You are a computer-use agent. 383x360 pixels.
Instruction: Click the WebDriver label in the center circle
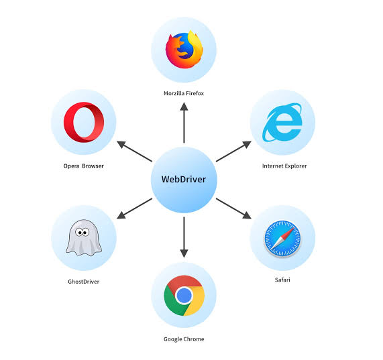pyautogui.click(x=183, y=179)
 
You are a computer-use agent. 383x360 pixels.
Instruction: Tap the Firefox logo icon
pyautogui.click(x=184, y=49)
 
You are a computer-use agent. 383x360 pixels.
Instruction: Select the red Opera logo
pyautogui.click(x=83, y=123)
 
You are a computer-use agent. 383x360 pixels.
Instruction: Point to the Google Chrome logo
pyautogui.click(x=184, y=296)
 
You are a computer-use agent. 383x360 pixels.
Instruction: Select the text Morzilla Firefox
pyautogui.click(x=184, y=93)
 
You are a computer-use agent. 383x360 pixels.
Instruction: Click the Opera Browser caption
pyautogui.click(x=83, y=166)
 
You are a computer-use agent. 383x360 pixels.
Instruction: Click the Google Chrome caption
pyautogui.click(x=184, y=339)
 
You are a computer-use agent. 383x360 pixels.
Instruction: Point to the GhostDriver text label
pyautogui.click(x=83, y=282)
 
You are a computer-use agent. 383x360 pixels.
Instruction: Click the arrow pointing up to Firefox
pyautogui.click(x=184, y=124)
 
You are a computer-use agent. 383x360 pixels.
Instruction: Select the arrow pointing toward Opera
pyautogui.click(x=135, y=152)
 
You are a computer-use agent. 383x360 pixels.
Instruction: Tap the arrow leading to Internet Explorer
pyautogui.click(x=233, y=152)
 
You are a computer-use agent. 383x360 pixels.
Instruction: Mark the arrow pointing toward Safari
pyautogui.click(x=233, y=208)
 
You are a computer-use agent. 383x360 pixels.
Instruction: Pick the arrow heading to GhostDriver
pyautogui.click(x=134, y=208)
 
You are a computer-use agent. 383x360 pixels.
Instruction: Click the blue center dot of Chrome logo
pyautogui.click(x=184, y=296)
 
